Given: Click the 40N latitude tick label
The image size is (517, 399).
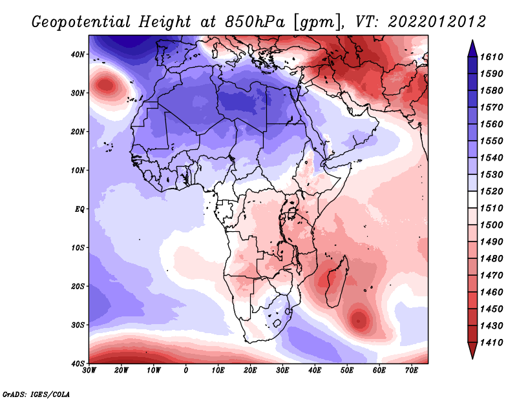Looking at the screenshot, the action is click(x=78, y=54).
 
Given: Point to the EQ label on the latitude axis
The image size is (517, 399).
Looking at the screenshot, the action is click(x=79, y=209).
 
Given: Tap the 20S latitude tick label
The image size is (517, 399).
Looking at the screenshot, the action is click(x=78, y=286).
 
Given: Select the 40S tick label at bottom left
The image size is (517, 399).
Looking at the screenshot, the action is click(x=78, y=363).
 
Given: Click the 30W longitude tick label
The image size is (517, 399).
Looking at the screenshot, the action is click(x=89, y=371).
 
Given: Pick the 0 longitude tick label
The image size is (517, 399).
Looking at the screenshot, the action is click(x=186, y=371).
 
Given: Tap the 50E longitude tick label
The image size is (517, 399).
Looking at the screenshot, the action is click(x=347, y=371).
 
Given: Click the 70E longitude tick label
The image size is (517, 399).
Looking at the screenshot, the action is click(x=411, y=371).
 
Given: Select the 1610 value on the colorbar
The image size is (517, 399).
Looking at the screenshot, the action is click(x=491, y=57).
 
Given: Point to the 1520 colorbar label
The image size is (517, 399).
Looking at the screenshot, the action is click(x=491, y=191).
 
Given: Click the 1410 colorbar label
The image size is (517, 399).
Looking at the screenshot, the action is click(x=491, y=343).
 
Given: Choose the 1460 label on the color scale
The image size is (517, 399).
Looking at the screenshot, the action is click(x=491, y=292).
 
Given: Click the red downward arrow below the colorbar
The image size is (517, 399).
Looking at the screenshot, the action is click(x=472, y=350).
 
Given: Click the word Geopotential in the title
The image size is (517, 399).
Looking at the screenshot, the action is click(x=81, y=23).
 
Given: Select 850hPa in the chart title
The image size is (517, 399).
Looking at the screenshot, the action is click(x=255, y=22).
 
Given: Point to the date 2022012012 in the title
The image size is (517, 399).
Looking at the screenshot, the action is click(x=437, y=22).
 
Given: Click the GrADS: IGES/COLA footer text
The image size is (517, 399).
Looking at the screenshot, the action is click(x=36, y=394).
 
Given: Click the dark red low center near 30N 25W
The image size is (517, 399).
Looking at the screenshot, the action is click(x=106, y=85).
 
